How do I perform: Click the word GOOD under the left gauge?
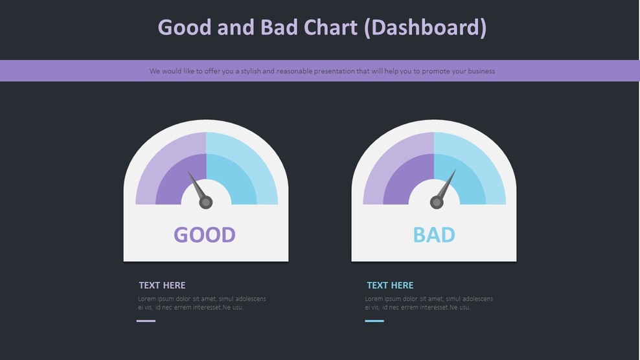point(205,234)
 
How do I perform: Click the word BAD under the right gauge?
point(434,234)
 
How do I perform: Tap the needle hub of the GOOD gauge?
point(206,203)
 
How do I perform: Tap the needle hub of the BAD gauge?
point(437,203)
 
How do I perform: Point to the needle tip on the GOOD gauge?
point(189,172)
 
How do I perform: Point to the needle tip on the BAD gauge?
point(455,171)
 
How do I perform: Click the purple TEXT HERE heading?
point(162,285)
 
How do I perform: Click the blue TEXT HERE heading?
point(390,285)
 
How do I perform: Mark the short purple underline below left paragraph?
point(146,321)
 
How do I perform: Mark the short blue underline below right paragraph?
point(374,321)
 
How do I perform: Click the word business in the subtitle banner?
point(479,71)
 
